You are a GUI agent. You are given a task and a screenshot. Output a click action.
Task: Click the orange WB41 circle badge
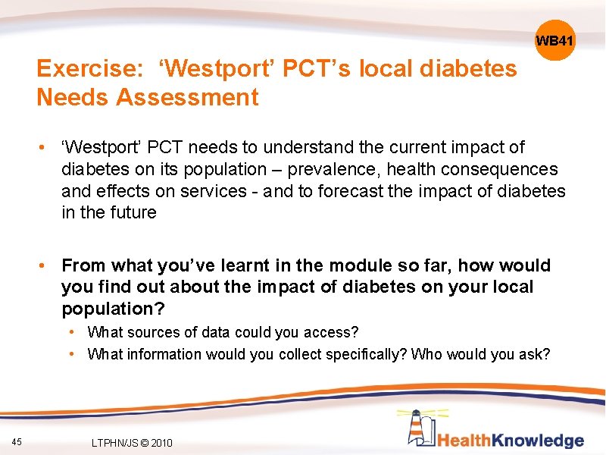554,40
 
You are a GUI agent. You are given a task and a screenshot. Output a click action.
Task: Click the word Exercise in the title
85,70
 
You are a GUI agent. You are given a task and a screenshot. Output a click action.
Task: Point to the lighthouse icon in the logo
419,428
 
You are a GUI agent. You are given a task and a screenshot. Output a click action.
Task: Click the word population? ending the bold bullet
113,309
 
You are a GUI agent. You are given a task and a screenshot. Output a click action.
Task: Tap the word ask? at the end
534,354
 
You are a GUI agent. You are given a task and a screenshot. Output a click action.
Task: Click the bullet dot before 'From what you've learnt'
46,265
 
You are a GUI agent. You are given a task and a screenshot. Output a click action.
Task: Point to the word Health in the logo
464,441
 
